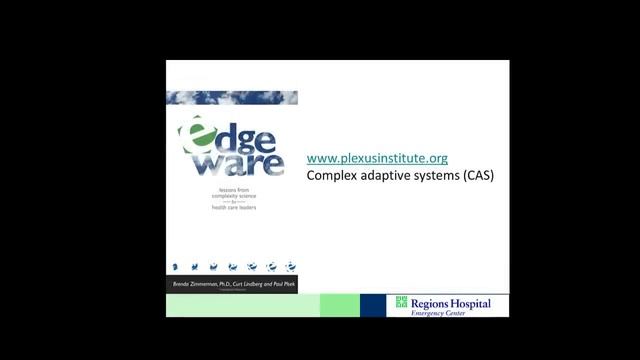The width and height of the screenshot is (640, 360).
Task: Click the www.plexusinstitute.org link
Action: pyautogui.click(x=376, y=158)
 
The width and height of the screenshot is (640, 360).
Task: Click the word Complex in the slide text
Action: pyautogui.click(x=332, y=175)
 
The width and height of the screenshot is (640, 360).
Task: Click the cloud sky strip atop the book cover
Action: pyautogui.click(x=232, y=97)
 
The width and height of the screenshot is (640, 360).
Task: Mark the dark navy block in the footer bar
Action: pyautogui.click(x=373, y=306)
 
